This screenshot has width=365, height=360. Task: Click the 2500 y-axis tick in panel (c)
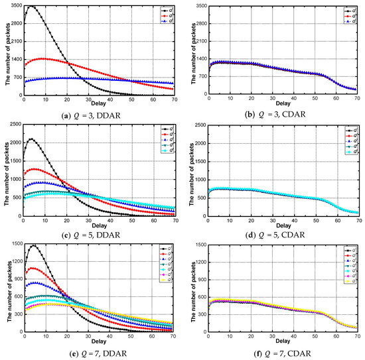tap(14, 125)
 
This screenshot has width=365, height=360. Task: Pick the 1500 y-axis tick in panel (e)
tap(14, 243)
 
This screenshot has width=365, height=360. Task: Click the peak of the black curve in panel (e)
tap(33, 245)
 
